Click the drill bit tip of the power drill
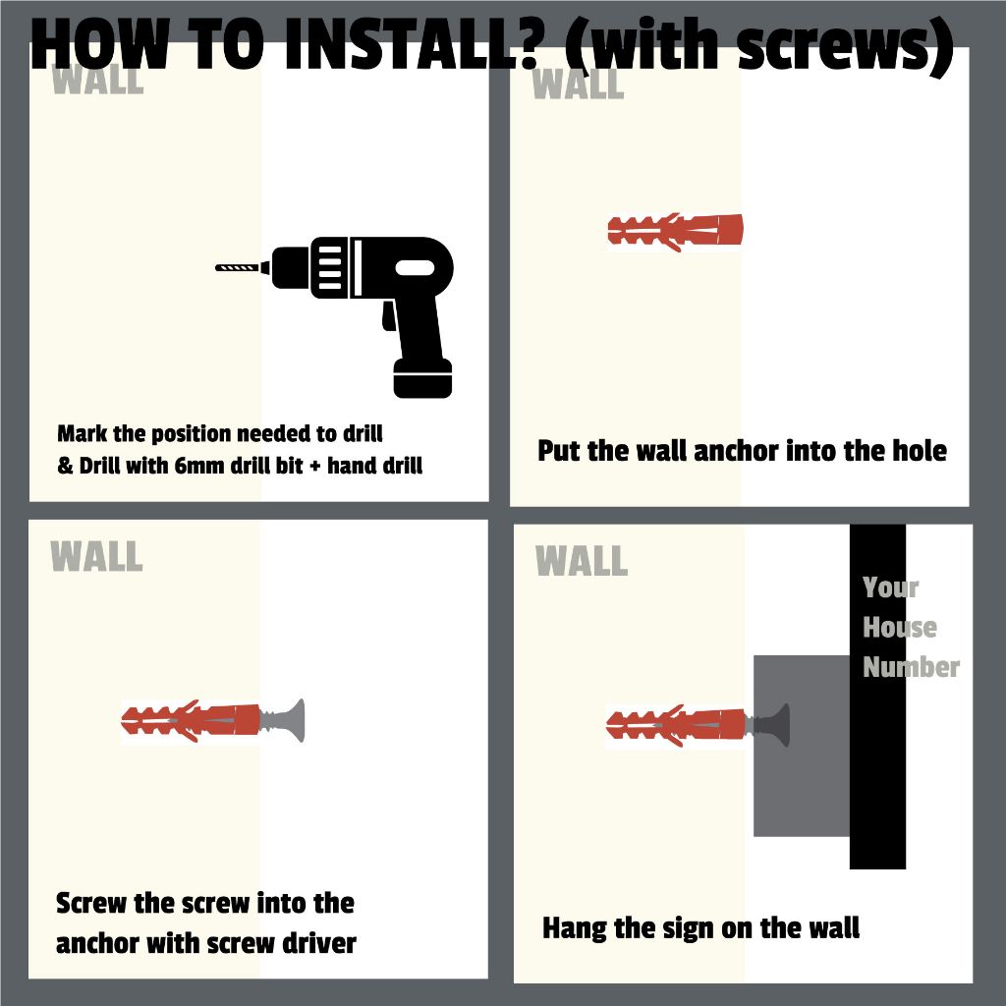point(217,267)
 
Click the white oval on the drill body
point(416,268)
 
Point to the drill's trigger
point(388,316)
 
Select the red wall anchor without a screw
point(675,231)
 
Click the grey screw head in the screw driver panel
point(297,720)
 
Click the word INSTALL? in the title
point(411,45)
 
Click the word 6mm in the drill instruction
point(198,466)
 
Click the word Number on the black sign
point(911,667)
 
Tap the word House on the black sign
point(900,628)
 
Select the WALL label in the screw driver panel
point(96,556)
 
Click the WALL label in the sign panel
point(582,560)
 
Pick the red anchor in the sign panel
point(676,726)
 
